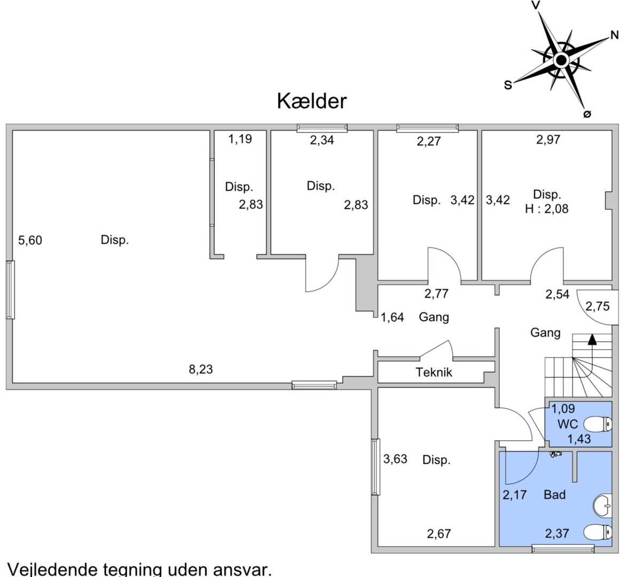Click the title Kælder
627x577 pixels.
[x=312, y=101]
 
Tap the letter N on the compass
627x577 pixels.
[x=614, y=36]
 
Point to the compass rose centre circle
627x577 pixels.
[x=561, y=60]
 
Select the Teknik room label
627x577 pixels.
[x=434, y=372]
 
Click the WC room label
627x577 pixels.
[x=567, y=425]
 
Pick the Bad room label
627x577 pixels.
[x=554, y=495]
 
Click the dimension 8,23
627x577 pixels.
[x=201, y=369]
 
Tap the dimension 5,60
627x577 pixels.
[x=30, y=240]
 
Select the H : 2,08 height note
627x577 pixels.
[x=547, y=209]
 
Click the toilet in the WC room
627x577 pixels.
[x=598, y=425]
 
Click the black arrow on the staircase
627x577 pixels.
[x=592, y=338]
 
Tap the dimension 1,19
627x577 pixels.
[x=240, y=139]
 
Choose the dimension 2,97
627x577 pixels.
[x=548, y=139]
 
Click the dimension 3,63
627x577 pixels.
[x=395, y=459]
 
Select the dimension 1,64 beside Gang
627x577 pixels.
[x=392, y=318]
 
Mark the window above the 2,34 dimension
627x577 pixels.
[x=322, y=128]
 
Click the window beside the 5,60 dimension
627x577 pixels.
[x=10, y=290]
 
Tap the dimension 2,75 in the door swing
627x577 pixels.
[x=597, y=306]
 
